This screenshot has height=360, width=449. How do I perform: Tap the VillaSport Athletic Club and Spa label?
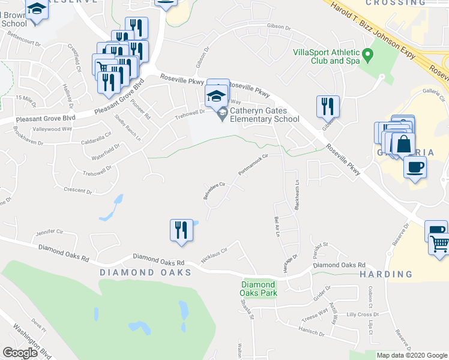(x=326, y=56)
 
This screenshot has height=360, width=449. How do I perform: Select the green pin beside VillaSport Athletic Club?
(x=369, y=56)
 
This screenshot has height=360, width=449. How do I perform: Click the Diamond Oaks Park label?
(x=258, y=289)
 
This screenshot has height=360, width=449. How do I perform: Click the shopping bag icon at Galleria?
(x=403, y=145)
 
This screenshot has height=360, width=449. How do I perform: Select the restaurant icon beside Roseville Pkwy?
(x=328, y=107)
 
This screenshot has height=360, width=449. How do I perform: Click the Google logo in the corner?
(x=20, y=353)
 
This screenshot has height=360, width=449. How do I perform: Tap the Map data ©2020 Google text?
(x=411, y=355)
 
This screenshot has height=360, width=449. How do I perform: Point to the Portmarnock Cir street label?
(x=252, y=163)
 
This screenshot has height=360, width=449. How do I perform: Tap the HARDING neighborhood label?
(x=386, y=274)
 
